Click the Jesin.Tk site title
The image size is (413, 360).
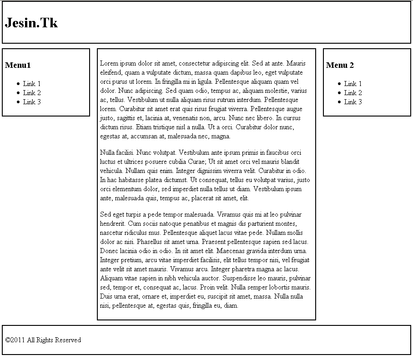pyautogui.click(x=31, y=23)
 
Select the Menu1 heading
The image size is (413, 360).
pyautogui.click(x=18, y=65)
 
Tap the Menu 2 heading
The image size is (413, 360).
pyautogui.click(x=340, y=65)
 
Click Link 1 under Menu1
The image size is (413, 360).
pyautogui.click(x=32, y=84)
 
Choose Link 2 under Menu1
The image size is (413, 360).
pyautogui.click(x=32, y=93)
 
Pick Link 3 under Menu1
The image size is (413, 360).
pyautogui.click(x=32, y=102)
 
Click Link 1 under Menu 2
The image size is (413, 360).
pyautogui.click(x=353, y=84)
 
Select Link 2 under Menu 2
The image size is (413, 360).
pyautogui.click(x=353, y=93)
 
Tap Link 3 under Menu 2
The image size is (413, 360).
pyautogui.click(x=353, y=102)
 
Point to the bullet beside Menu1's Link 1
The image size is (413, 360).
pyautogui.click(x=18, y=84)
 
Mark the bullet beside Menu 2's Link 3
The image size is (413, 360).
pyautogui.click(x=339, y=102)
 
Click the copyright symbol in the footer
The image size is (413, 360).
pyautogui.click(x=7, y=340)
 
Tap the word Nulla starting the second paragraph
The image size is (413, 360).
pyautogui.click(x=107, y=152)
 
